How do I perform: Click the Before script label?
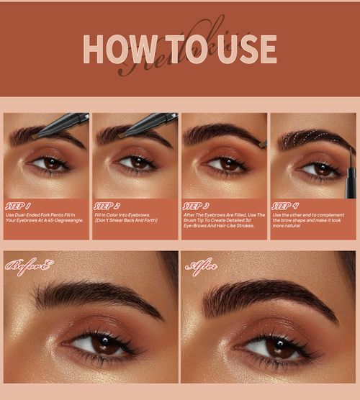[x=29, y=267]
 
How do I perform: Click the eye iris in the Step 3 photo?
[x=230, y=163]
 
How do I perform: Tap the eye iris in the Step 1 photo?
[x=52, y=163]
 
